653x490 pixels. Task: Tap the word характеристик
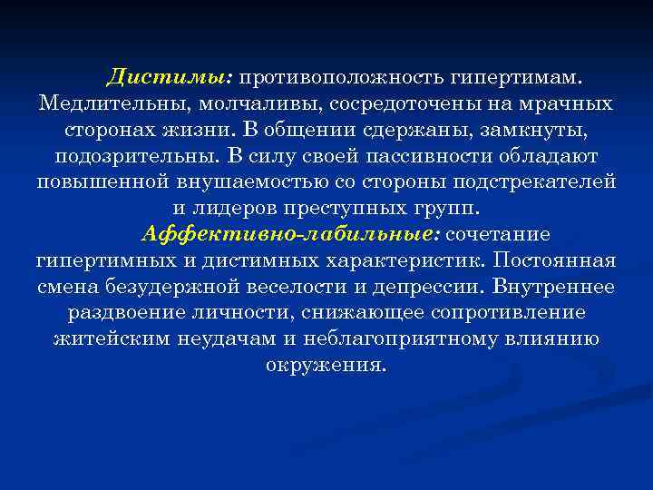pos(402,260)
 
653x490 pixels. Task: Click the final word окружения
pos(326,366)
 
